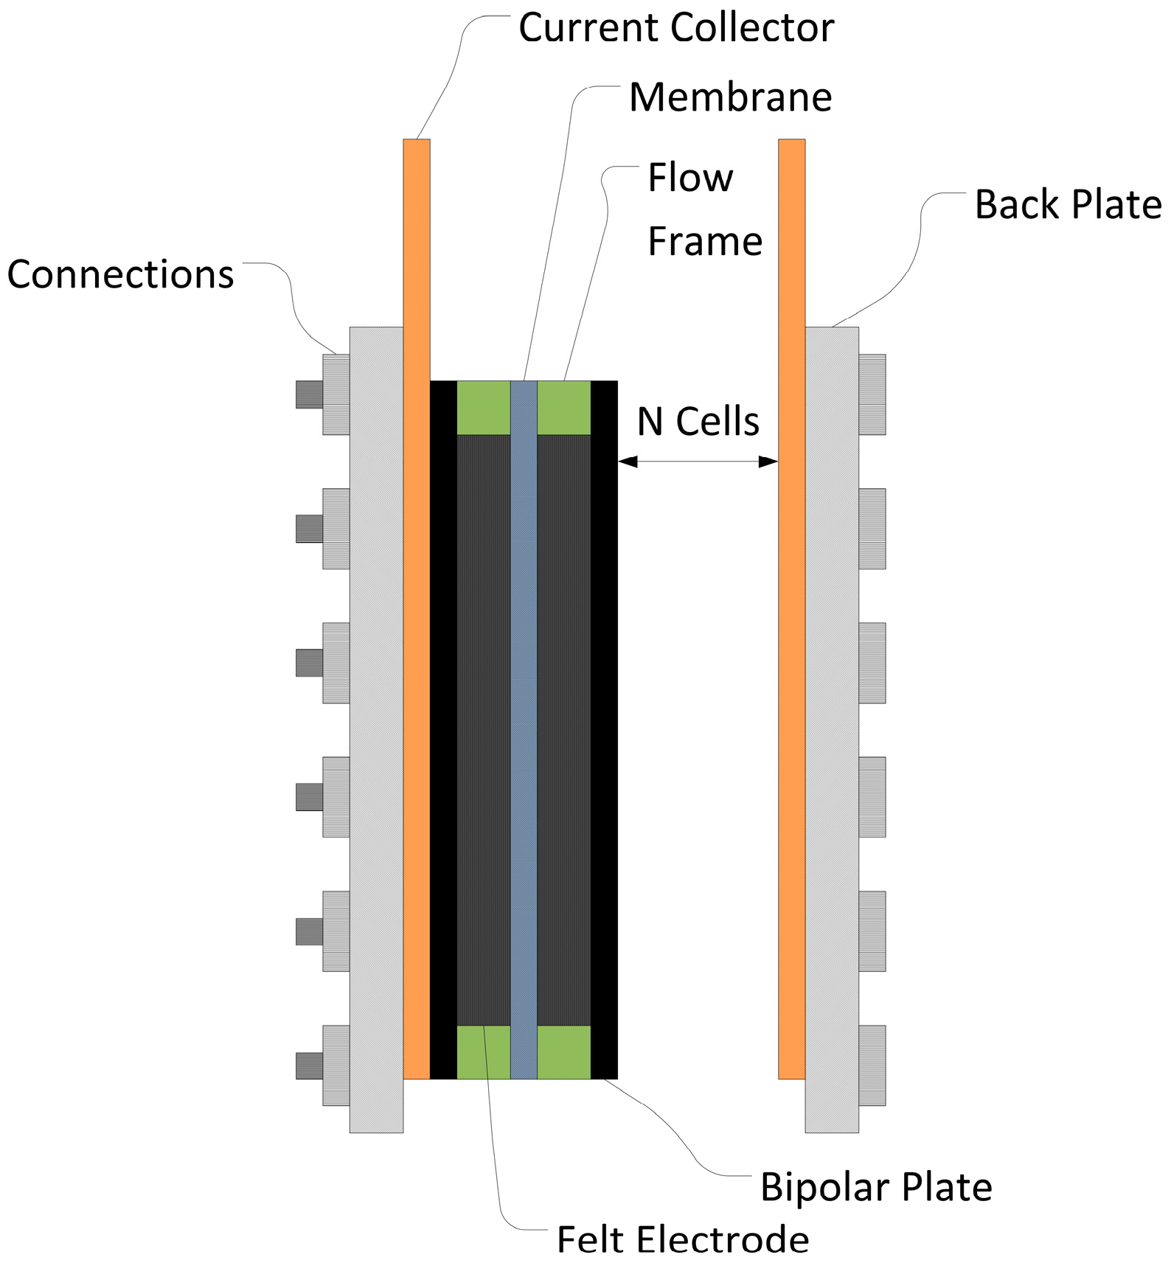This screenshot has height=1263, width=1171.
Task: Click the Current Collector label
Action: (x=675, y=28)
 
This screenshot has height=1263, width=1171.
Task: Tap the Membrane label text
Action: (x=730, y=97)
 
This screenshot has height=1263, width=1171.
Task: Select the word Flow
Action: (x=690, y=178)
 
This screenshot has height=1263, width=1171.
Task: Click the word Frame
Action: (x=704, y=242)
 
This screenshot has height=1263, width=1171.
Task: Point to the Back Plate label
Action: (x=1067, y=205)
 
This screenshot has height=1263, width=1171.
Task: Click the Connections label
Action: (x=120, y=274)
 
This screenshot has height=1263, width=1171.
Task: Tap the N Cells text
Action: (x=698, y=422)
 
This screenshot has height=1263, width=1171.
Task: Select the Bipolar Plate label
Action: (x=875, y=1187)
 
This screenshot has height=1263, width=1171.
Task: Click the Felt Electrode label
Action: (x=682, y=1239)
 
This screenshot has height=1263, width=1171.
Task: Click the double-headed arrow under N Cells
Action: (x=698, y=462)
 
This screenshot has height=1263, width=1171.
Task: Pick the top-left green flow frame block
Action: (x=483, y=408)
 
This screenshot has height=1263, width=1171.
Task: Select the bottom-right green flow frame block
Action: (x=563, y=1051)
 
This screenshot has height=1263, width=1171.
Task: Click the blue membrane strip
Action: (x=524, y=730)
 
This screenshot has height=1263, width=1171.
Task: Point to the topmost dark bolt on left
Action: (x=309, y=394)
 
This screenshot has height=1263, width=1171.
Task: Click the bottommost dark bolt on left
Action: (x=309, y=1065)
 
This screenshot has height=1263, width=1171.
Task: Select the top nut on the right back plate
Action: (x=872, y=394)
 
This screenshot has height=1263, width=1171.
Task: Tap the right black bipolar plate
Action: (x=604, y=730)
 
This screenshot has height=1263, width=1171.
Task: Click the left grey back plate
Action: (x=376, y=730)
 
